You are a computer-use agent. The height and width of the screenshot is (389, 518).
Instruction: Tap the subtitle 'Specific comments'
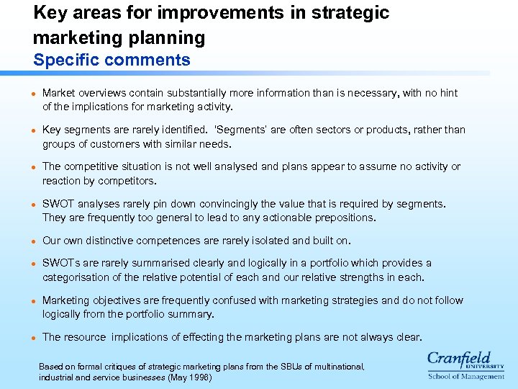tap(112, 61)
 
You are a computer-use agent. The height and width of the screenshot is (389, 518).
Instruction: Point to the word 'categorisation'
tap(76, 277)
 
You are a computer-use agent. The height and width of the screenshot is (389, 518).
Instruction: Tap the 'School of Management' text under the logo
tap(466, 376)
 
